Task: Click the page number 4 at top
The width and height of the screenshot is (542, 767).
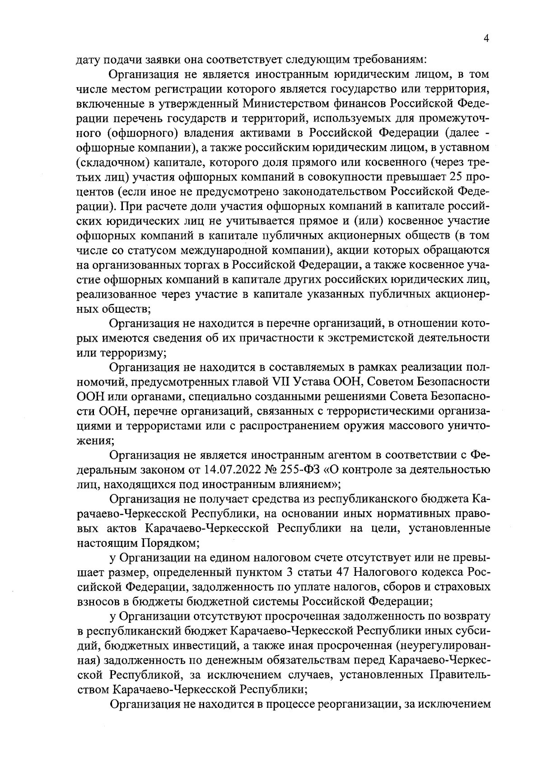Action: (486, 39)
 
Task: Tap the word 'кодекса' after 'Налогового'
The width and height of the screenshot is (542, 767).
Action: (445, 573)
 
